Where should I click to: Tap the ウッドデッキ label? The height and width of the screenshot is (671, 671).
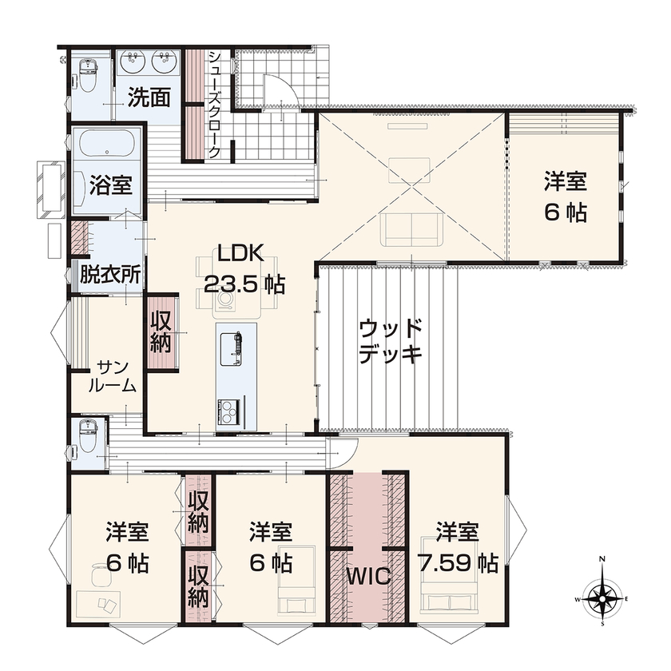point(389,341)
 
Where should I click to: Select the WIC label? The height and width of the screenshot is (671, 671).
point(368,576)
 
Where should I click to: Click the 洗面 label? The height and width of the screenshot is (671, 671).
point(149,97)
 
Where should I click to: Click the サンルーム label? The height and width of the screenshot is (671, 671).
point(111,375)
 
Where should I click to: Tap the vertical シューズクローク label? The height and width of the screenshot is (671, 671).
point(214,104)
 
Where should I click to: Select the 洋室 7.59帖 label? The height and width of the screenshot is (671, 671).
point(457,547)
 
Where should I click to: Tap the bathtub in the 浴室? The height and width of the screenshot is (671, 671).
point(108,148)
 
